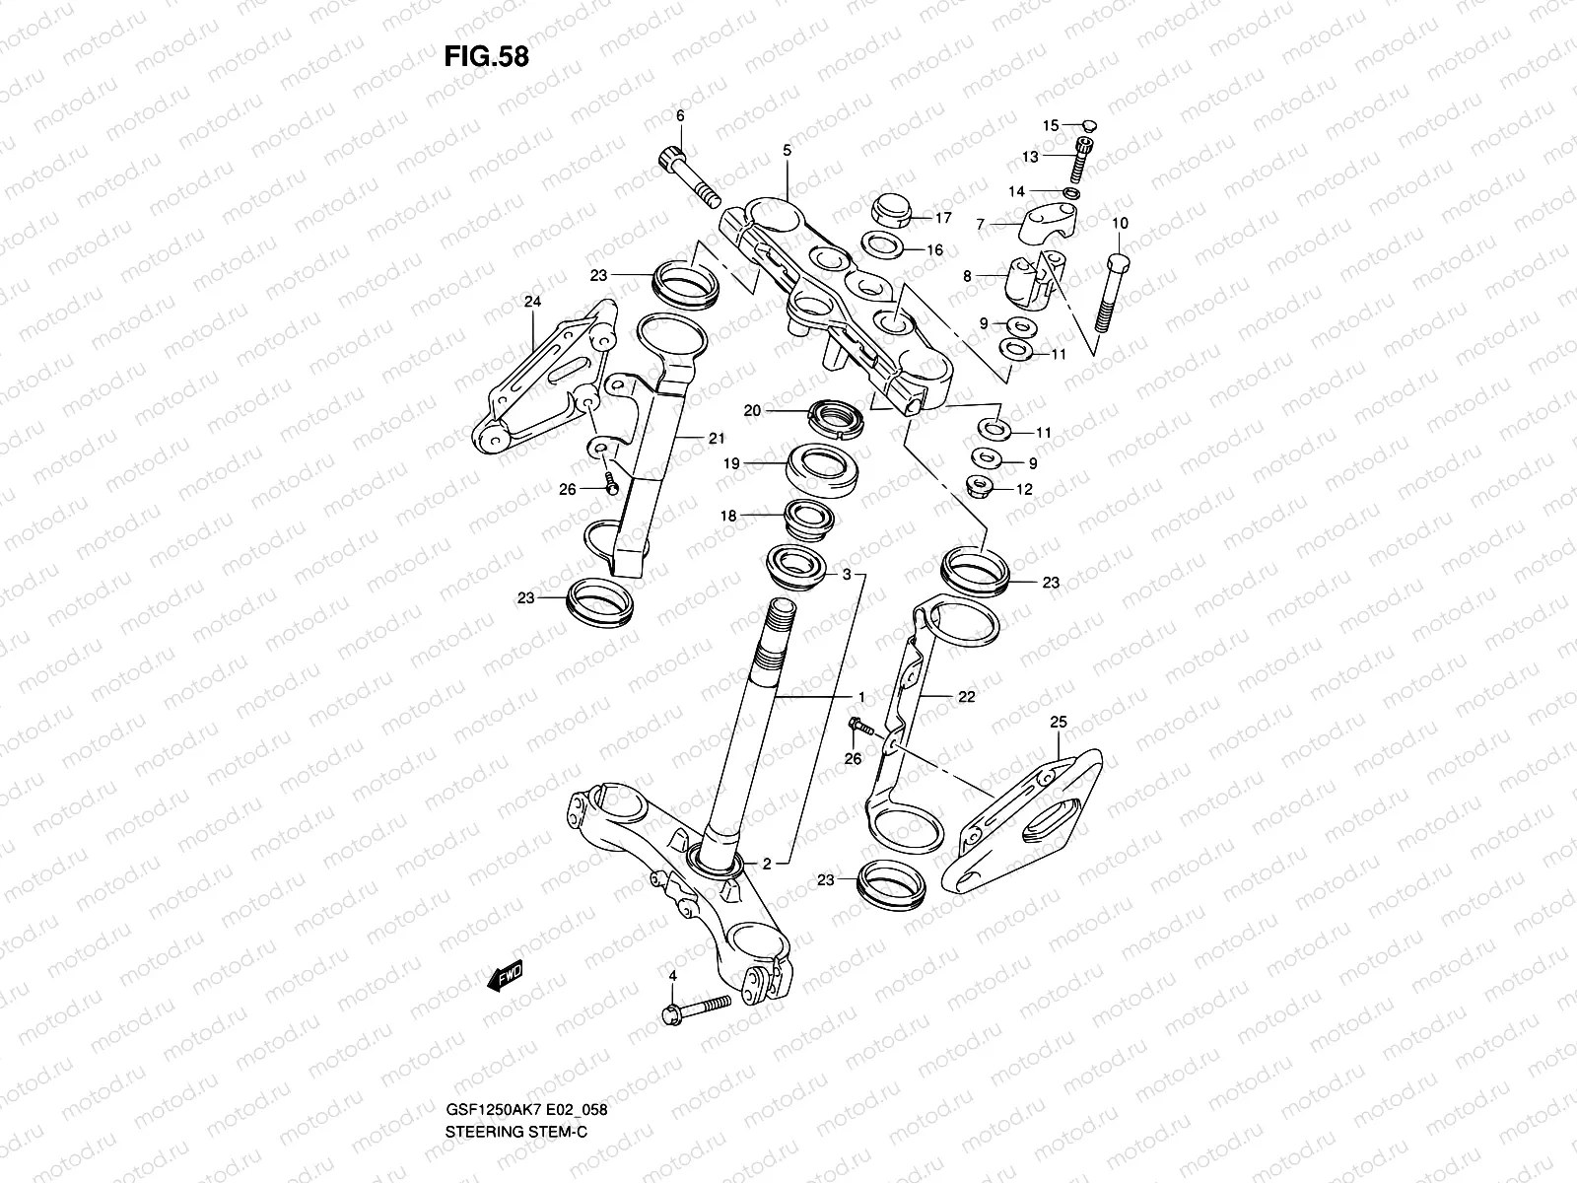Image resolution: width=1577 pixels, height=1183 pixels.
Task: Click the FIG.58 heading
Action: click(486, 56)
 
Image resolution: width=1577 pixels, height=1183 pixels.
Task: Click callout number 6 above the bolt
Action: click(679, 116)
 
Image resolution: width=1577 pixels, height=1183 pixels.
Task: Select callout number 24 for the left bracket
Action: click(533, 303)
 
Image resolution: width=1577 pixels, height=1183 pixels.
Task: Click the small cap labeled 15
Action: click(1089, 125)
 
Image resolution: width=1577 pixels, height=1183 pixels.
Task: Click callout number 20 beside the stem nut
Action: click(752, 411)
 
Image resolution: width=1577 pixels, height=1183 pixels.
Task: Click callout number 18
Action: click(728, 515)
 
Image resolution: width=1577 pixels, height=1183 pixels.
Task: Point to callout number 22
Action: click(966, 696)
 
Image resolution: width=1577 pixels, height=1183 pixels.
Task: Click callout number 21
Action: click(715, 439)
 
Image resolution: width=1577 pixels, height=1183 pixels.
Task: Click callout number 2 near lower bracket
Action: click(766, 865)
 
